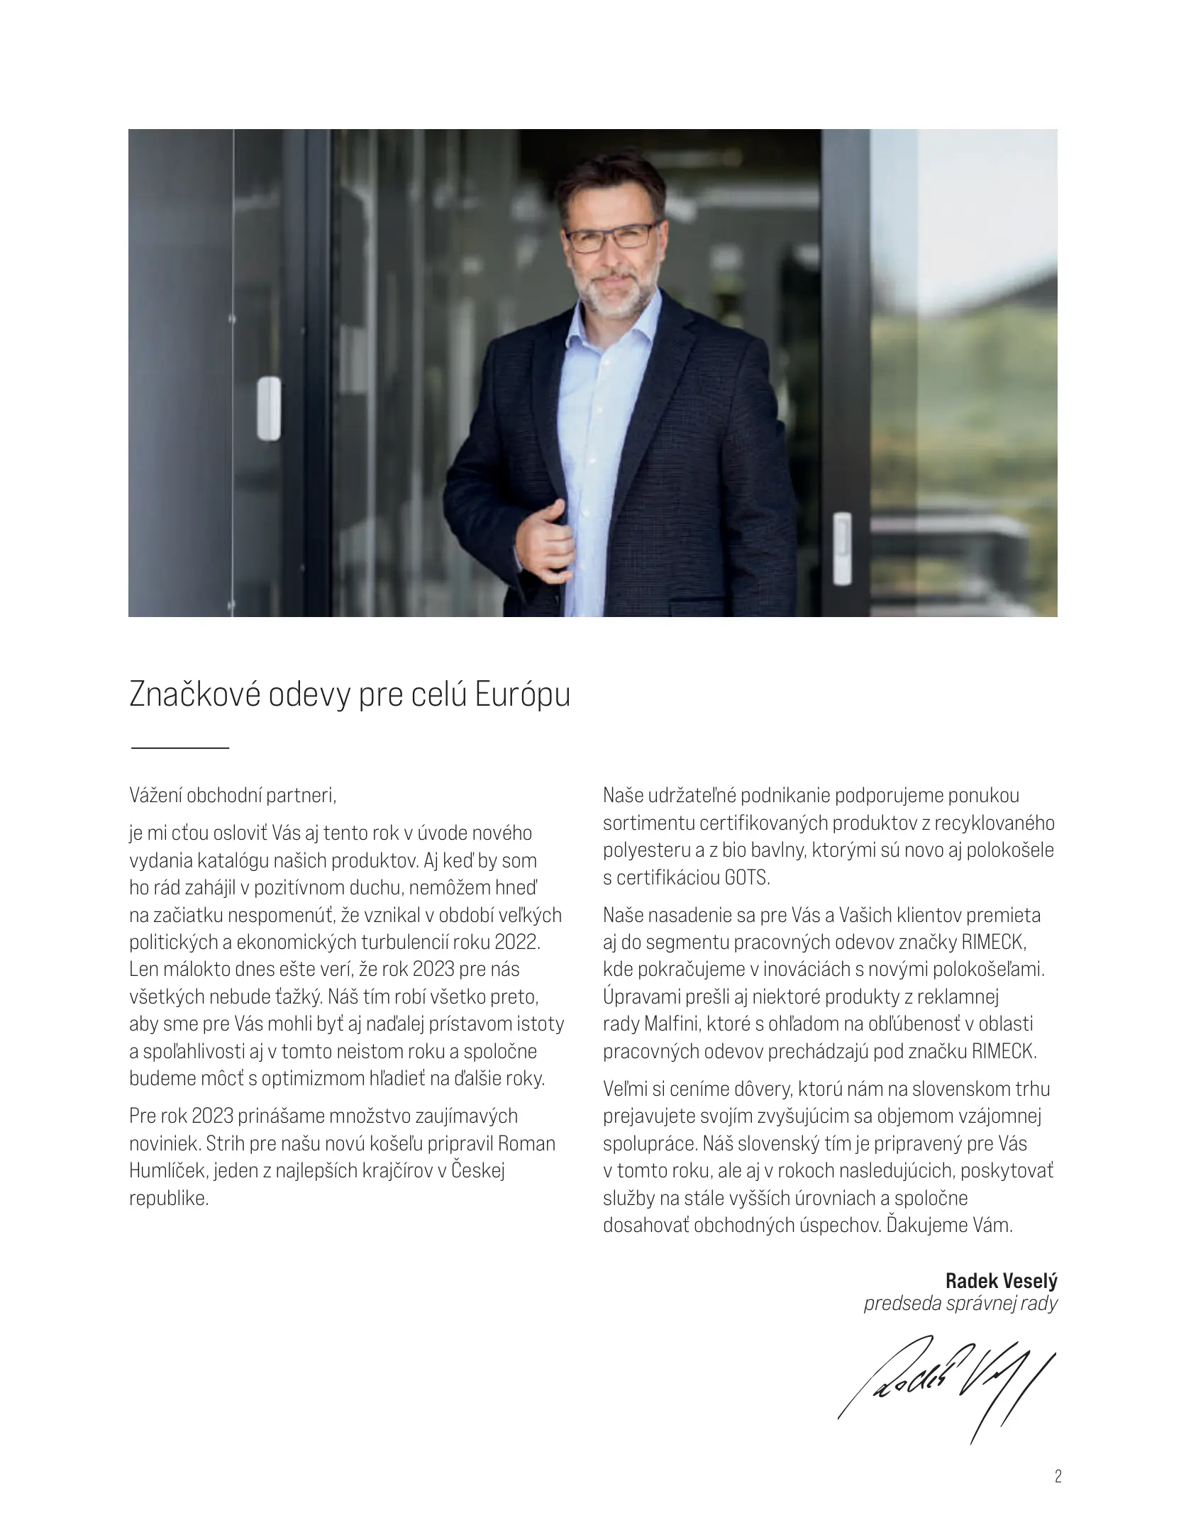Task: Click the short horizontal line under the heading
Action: tap(180, 748)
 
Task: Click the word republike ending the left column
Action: tap(169, 1199)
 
